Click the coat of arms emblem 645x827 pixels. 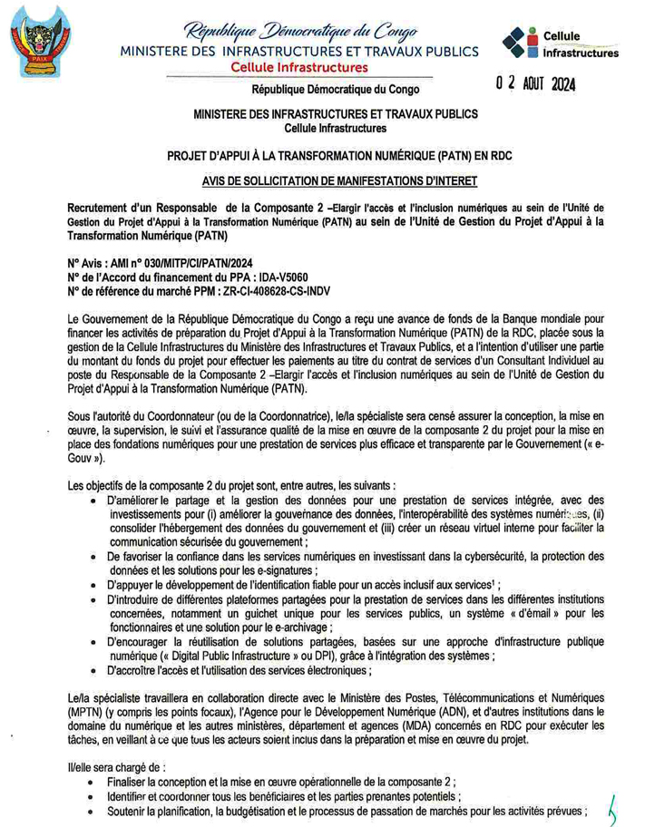(40, 44)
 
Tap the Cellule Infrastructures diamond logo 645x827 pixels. (522, 43)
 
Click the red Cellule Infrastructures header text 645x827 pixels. (299, 68)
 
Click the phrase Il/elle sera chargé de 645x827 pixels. (121, 766)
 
